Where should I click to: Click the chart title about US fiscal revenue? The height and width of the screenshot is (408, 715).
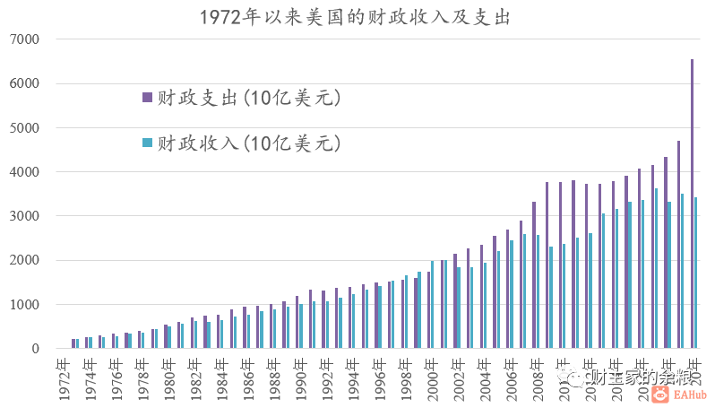[356, 16]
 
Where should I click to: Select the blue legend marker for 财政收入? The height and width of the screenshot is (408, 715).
[147, 143]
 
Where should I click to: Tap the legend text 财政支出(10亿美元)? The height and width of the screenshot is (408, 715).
[249, 98]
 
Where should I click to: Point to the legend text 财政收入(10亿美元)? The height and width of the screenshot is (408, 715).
[249, 143]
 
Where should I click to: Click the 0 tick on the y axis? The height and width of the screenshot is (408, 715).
[36, 349]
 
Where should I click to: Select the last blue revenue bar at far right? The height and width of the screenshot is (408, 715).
[696, 273]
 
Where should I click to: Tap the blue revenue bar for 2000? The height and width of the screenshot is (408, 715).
[433, 305]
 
